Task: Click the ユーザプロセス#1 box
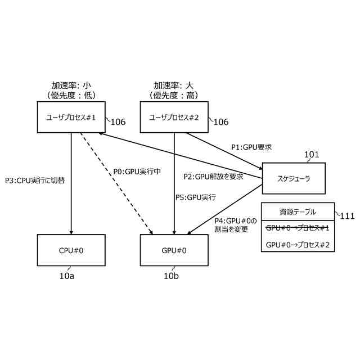[71, 117]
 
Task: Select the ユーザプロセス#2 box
[174, 117]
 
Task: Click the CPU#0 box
[71, 250]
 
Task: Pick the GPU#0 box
[174, 250]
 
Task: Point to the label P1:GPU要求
[251, 147]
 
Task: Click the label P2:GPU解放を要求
[213, 176]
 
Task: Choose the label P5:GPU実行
[195, 197]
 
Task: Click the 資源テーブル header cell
[298, 211]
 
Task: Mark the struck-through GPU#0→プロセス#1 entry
[298, 228]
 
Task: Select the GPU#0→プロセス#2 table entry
[298, 244]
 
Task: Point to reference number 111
[346, 215]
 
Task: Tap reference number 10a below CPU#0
[66, 276]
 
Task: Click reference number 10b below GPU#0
[172, 276]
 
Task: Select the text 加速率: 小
[71, 85]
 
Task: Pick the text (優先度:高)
[174, 96]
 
